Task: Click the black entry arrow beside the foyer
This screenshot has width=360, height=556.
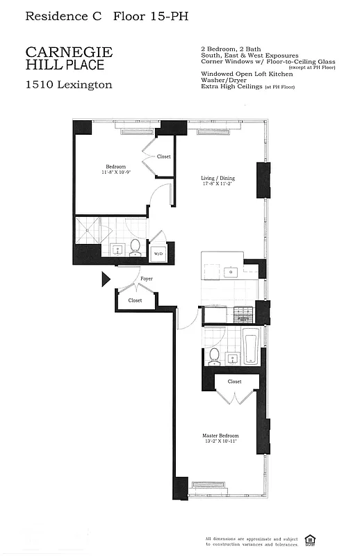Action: [x=106, y=279]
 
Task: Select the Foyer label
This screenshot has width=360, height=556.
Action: [x=146, y=279]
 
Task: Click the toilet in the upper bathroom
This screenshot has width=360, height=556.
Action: [x=136, y=247]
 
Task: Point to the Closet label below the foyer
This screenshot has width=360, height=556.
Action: [x=135, y=300]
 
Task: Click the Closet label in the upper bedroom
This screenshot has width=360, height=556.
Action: [x=163, y=156]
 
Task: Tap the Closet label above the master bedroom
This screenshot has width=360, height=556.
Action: [x=234, y=382]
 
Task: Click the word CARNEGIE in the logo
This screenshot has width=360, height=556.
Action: [x=69, y=52]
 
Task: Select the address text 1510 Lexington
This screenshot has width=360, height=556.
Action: [x=68, y=85]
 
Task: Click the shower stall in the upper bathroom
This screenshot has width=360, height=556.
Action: [x=88, y=229]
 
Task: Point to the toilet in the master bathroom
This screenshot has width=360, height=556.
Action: [x=214, y=355]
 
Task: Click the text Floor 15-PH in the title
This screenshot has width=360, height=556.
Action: [x=150, y=15]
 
